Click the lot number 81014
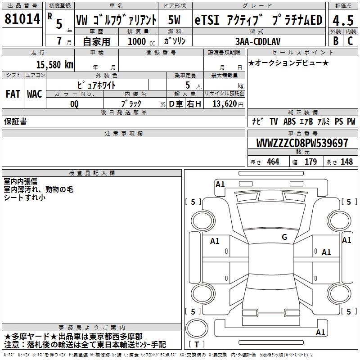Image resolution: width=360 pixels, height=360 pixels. point(22,19)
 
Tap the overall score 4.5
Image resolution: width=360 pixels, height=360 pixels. point(343,20)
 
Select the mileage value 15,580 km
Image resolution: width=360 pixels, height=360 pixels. point(54,65)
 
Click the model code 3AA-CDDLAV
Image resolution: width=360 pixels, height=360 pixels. point(258,41)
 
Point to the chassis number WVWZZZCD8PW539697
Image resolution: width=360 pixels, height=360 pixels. point(302,143)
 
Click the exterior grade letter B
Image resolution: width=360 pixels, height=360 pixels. point(336,41)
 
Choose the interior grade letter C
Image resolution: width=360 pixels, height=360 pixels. point(350,41)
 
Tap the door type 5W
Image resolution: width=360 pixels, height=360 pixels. point(174,20)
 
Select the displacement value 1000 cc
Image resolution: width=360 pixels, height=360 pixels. point(141,41)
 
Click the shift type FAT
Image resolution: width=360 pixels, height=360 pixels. point(13,94)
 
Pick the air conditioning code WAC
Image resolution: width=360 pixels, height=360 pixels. point(35,94)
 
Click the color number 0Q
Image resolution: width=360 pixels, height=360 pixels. point(74,104)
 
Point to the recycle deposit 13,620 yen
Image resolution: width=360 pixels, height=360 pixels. point(228,104)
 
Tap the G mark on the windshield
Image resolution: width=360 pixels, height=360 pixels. point(284,237)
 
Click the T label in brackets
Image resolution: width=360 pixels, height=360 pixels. point(197,344)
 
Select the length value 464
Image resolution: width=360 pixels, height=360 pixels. point(273,162)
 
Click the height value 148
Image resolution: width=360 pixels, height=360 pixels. point(346,162)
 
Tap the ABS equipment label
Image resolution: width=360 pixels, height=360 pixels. point(289,121)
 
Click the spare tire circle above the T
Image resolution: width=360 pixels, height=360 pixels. point(197,328)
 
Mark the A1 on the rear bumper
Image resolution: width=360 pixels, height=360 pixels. point(320,332)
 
